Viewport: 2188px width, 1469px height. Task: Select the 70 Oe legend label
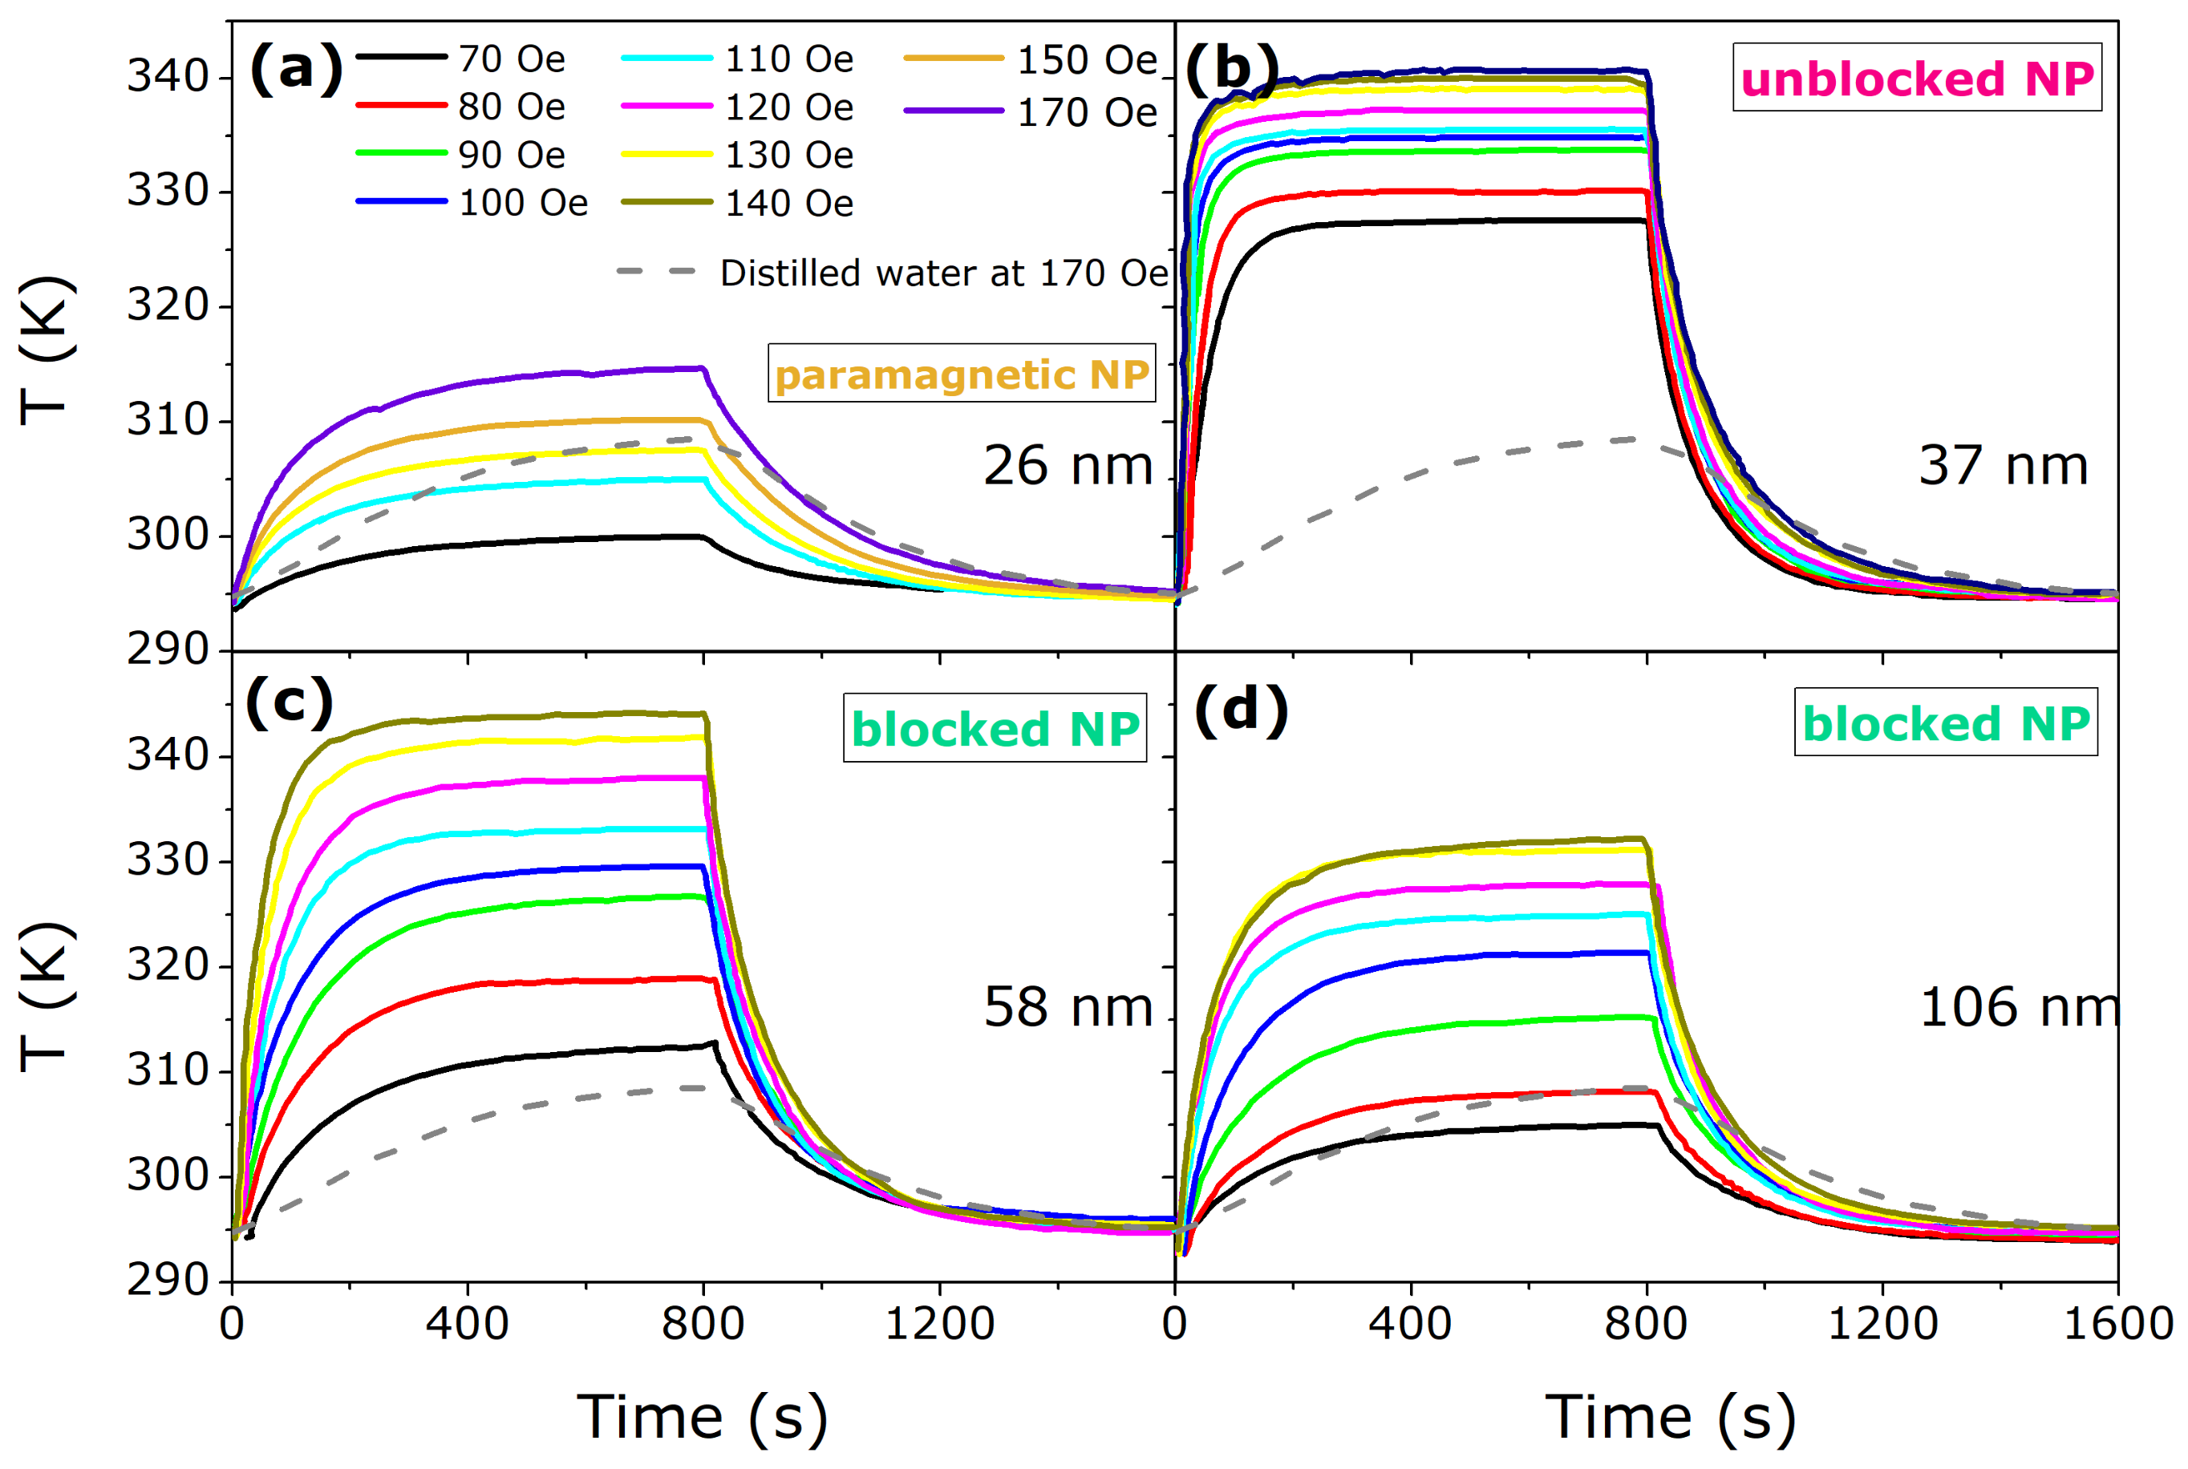pyautogui.click(x=512, y=59)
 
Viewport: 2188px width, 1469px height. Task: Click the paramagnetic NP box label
pyautogui.click(x=962, y=374)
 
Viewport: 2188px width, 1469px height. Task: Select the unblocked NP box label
pyautogui.click(x=1916, y=78)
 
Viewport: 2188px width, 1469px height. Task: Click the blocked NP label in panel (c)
pyautogui.click(x=995, y=728)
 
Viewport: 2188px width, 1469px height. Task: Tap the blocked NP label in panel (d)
pyautogui.click(x=1945, y=722)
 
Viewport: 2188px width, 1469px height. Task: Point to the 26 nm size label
pyautogui.click(x=1068, y=466)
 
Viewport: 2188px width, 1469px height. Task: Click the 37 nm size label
pyautogui.click(x=2004, y=466)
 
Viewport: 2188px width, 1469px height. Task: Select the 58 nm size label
pyautogui.click(x=1068, y=1007)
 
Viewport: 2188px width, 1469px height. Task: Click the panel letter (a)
pyautogui.click(x=295, y=69)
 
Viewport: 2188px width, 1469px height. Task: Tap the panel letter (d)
pyautogui.click(x=1241, y=709)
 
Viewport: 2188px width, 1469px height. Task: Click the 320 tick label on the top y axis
pyautogui.click(x=167, y=306)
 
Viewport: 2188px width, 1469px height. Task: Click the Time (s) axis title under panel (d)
pyautogui.click(x=1670, y=1417)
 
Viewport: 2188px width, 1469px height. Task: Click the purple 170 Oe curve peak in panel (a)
pyautogui.click(x=698, y=368)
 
